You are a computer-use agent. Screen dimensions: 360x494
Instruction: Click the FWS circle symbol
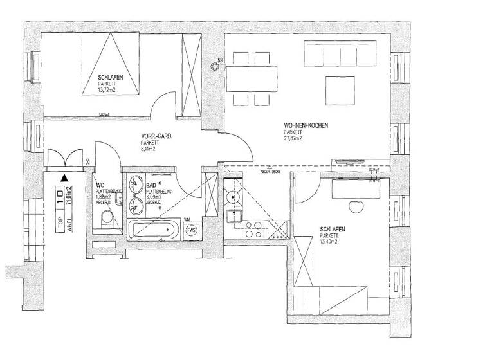click(x=191, y=232)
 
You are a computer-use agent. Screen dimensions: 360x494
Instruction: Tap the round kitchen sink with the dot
click(x=233, y=195)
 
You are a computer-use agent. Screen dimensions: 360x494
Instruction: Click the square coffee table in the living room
click(x=340, y=89)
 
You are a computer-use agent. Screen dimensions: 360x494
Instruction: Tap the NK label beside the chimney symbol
click(x=221, y=60)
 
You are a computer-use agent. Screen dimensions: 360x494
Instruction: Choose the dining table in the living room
click(x=252, y=79)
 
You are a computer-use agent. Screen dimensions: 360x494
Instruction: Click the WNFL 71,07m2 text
click(x=68, y=199)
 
